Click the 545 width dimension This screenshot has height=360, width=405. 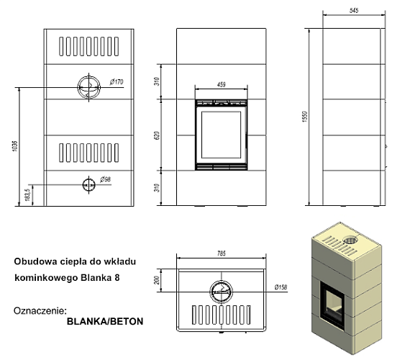point(353,10)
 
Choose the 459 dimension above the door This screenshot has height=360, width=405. point(222,85)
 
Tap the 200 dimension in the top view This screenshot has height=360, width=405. point(158,279)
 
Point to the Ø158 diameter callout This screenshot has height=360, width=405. point(281,289)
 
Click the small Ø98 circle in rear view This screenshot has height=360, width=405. point(88,184)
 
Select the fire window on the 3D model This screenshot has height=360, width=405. point(332,297)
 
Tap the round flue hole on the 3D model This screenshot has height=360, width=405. point(350,240)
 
